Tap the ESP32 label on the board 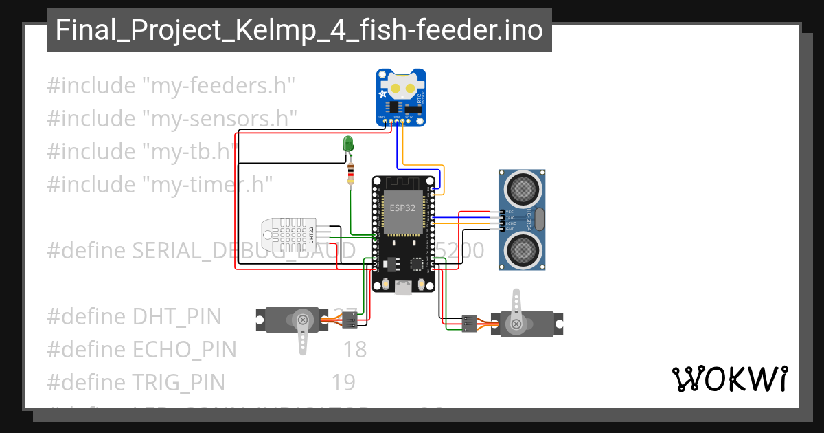(402, 207)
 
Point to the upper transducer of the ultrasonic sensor (523, 186)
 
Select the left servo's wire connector (350, 320)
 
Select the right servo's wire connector (470, 323)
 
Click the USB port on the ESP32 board (403, 288)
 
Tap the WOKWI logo (729, 379)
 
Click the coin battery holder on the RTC (402, 88)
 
